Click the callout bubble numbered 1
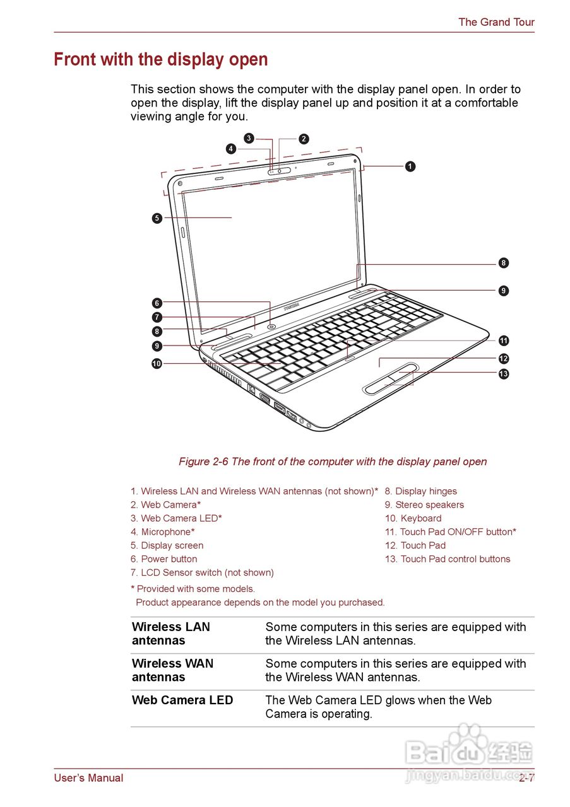click(410, 166)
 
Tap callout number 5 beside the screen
click(157, 218)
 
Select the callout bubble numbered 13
click(503, 374)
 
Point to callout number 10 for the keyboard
click(157, 363)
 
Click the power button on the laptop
click(271, 326)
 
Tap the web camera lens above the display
click(280, 171)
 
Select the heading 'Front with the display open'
click(161, 60)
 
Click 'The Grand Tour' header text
click(496, 22)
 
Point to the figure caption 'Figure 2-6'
click(333, 462)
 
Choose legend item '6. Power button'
click(164, 559)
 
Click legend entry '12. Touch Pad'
click(415, 545)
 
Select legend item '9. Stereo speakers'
click(424, 505)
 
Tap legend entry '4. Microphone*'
click(163, 532)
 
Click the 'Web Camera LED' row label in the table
click(182, 700)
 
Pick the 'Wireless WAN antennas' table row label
click(172, 670)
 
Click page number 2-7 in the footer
click(526, 778)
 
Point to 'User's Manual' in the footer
click(88, 778)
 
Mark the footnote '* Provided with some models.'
click(193, 589)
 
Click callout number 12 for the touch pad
click(503, 359)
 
